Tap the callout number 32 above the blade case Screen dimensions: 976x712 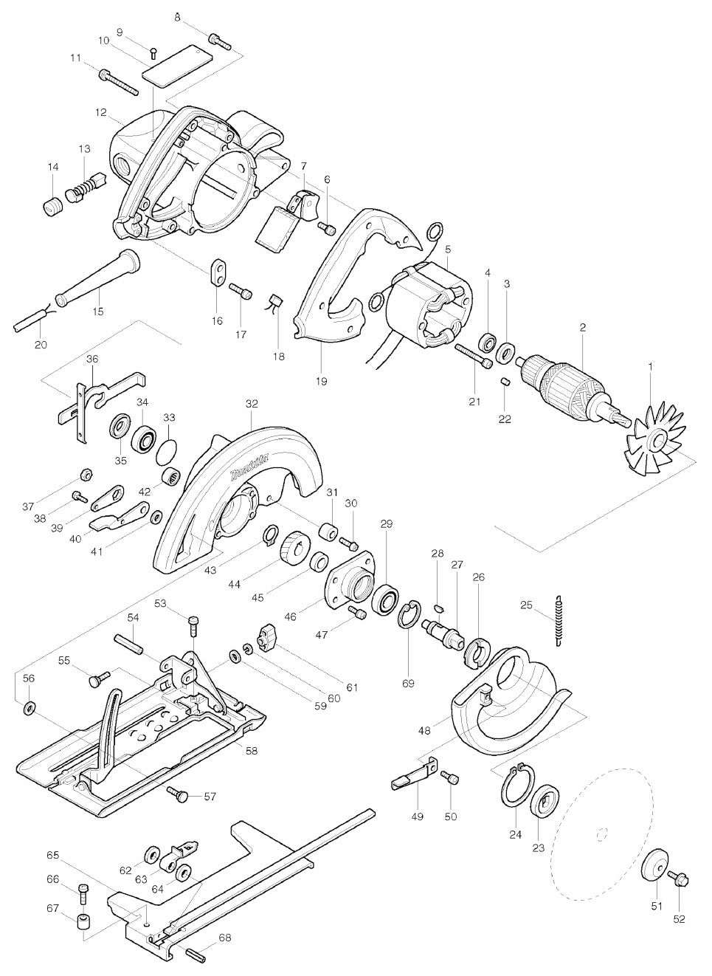point(252,405)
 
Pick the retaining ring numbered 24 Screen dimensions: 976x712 point(514,788)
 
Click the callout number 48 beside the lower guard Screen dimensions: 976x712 point(424,730)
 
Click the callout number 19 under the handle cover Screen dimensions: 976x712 point(321,382)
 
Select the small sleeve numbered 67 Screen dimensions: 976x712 point(83,923)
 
